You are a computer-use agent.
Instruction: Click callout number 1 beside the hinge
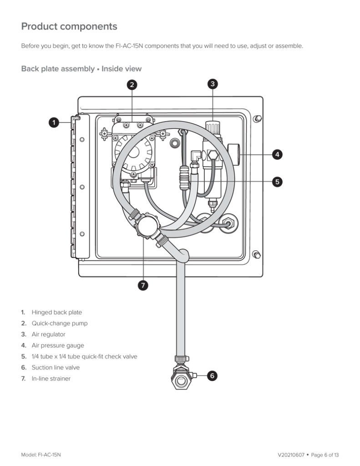(x=54, y=122)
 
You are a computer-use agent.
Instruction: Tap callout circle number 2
(x=132, y=85)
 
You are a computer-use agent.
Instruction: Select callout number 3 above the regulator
(x=213, y=84)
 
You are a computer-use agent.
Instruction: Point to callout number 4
(x=277, y=154)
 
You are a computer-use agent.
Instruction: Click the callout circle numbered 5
(x=277, y=182)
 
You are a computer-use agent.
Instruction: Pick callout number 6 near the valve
(x=212, y=375)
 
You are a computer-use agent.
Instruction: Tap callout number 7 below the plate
(x=143, y=285)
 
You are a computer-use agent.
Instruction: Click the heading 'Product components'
(x=69, y=26)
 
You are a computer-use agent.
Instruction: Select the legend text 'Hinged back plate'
(x=57, y=312)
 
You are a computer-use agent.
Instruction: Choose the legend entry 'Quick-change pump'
(x=60, y=324)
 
